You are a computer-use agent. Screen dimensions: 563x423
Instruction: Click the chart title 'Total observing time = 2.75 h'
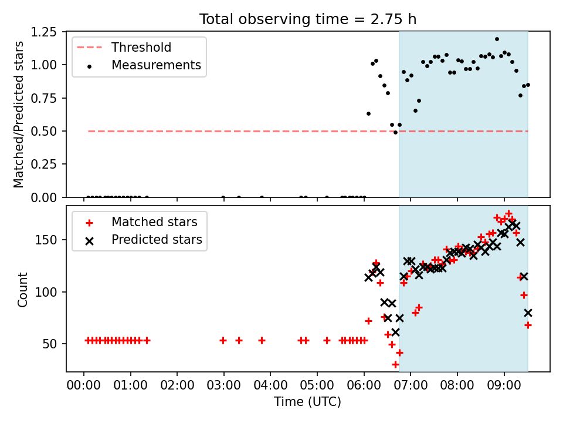[x=308, y=19]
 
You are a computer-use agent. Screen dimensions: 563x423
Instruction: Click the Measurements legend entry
[x=139, y=65]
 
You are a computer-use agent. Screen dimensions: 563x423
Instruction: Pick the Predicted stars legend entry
[x=140, y=240]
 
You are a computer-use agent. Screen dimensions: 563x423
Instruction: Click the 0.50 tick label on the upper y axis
[x=43, y=131]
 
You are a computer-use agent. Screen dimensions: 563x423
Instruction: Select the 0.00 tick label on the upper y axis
[x=43, y=197]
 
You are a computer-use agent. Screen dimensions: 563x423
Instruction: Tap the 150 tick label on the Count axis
[x=46, y=240]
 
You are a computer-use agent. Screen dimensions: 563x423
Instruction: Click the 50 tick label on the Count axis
[x=49, y=344]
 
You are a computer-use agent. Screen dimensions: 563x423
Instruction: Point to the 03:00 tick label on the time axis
[x=223, y=385]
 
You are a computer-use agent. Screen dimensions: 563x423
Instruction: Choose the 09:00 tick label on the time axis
[x=504, y=385]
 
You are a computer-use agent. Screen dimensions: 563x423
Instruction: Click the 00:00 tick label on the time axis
[x=84, y=385]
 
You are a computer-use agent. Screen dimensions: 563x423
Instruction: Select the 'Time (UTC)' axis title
[x=308, y=401]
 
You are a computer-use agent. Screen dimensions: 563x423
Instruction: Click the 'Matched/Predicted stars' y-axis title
[x=18, y=115]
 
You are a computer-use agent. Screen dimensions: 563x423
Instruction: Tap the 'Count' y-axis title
[x=22, y=290]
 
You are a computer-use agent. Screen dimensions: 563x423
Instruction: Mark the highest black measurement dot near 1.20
[x=497, y=39]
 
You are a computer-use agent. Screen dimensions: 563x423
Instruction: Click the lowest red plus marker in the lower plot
[x=395, y=365]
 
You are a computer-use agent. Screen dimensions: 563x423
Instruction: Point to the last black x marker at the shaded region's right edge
[x=528, y=313]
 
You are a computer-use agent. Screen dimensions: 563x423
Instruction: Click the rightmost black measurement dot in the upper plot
[x=528, y=85]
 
